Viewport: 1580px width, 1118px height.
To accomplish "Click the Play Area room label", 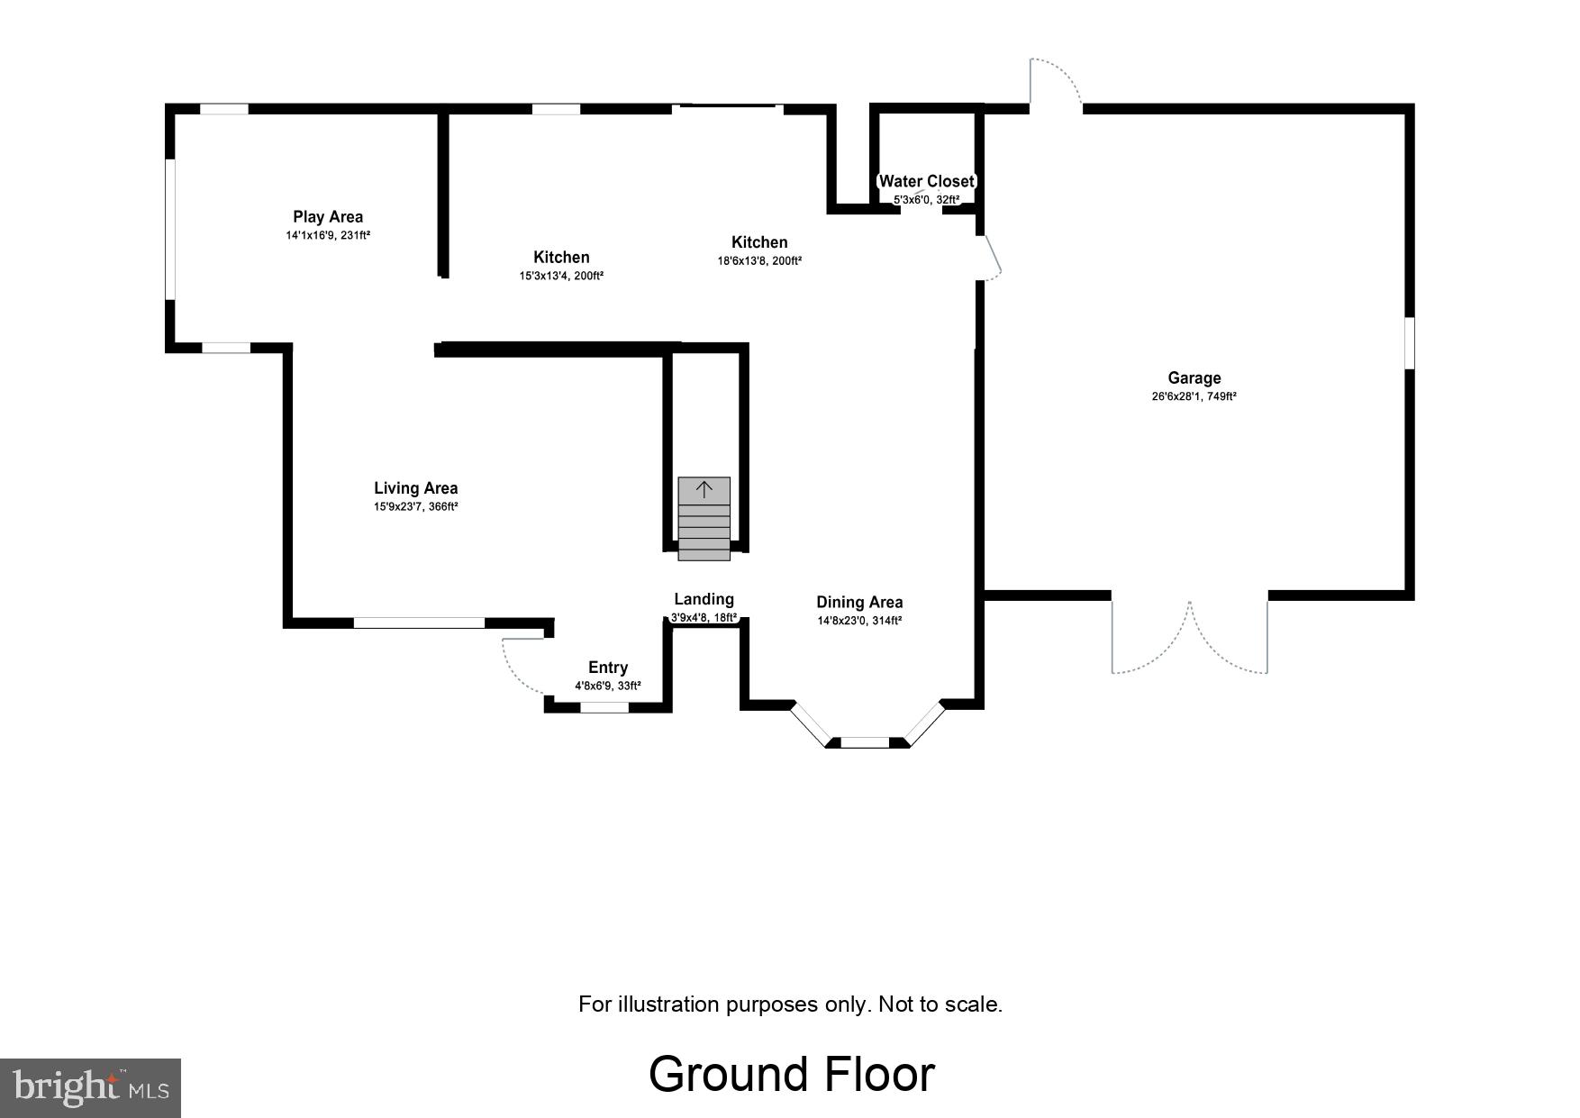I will (x=328, y=217).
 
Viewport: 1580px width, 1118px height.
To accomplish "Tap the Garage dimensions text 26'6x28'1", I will (x=1194, y=396).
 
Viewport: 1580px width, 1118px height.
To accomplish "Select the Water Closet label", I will (x=926, y=181).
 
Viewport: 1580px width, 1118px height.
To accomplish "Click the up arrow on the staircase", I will (x=704, y=490).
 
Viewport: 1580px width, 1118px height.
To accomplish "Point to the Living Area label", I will (x=415, y=488).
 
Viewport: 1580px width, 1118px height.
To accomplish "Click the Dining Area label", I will (x=859, y=603).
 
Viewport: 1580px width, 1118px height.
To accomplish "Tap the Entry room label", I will (x=608, y=668).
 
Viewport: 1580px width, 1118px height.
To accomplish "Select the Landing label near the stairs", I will (x=704, y=599).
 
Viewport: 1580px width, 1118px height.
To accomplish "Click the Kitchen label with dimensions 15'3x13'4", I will (x=561, y=258).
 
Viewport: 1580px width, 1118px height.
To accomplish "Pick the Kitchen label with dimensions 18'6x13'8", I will (x=759, y=242).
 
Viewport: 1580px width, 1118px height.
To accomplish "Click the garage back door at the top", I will (x=1056, y=83).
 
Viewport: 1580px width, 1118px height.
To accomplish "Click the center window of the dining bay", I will (x=865, y=742).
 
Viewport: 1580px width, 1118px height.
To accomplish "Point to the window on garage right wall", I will (x=1410, y=342).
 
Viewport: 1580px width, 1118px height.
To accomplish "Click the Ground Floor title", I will (x=791, y=1074).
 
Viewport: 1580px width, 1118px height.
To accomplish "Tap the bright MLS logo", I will (x=90, y=1087).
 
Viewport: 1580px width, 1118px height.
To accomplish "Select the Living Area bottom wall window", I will (x=419, y=623).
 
